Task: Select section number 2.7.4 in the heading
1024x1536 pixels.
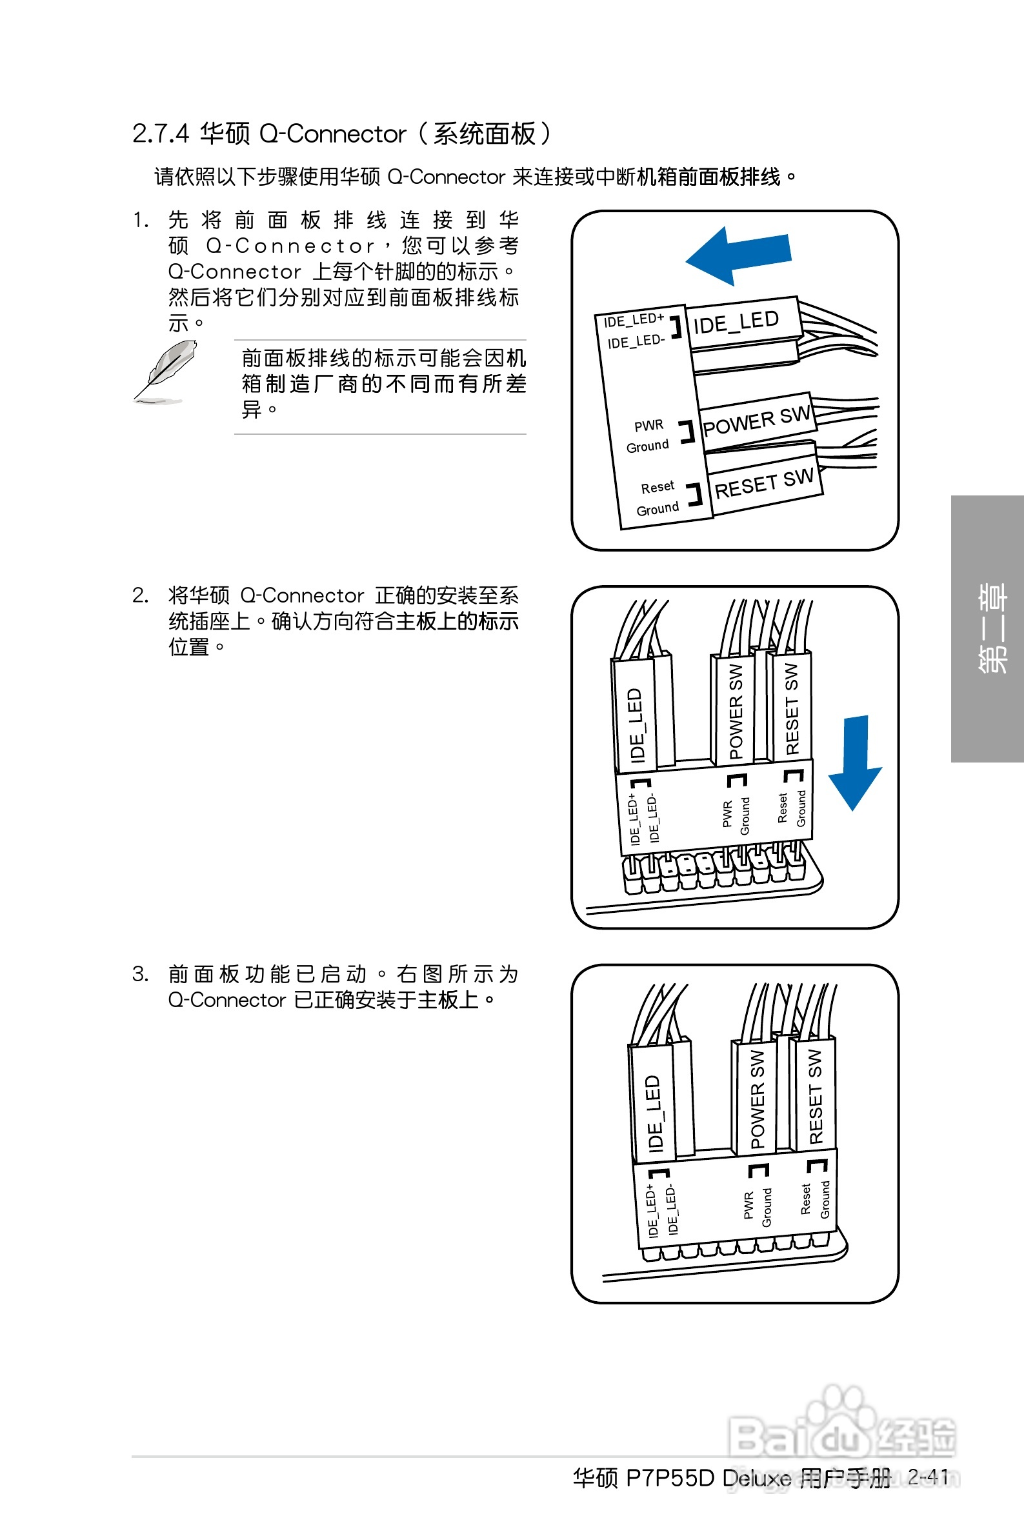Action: [x=160, y=134]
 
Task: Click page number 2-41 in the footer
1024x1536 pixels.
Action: [x=928, y=1477]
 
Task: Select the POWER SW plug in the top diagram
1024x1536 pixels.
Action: [x=756, y=422]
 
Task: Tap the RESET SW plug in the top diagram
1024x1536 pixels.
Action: [x=764, y=484]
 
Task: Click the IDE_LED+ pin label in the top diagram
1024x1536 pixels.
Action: [x=633, y=320]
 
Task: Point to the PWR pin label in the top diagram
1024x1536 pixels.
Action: [x=648, y=426]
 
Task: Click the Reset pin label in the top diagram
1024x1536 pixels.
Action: [x=657, y=487]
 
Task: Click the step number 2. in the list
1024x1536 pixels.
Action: [x=141, y=595]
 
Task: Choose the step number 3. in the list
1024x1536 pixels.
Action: [x=141, y=974]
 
